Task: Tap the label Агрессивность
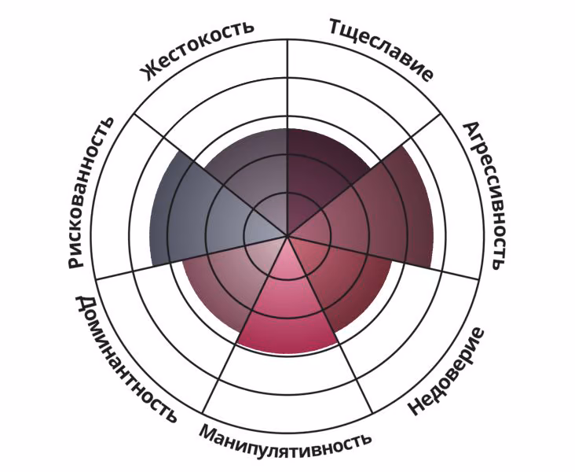pos(484,195)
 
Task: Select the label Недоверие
pos(446,371)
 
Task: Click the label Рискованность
pos(90,193)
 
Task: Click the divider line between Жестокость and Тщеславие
pos(287,137)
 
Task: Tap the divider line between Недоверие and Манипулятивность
pos(330,324)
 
